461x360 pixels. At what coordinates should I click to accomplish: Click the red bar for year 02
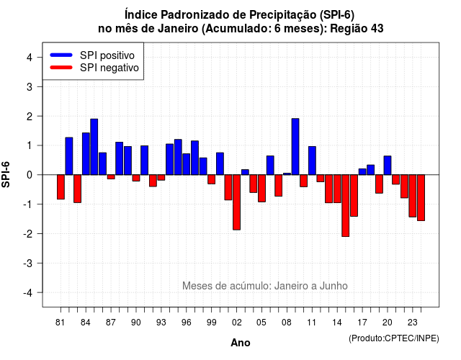[237, 202]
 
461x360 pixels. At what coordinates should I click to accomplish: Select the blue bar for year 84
[86, 153]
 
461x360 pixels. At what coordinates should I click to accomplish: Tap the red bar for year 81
[61, 187]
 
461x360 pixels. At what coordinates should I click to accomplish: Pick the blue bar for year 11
[312, 161]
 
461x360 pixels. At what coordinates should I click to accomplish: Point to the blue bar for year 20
[388, 166]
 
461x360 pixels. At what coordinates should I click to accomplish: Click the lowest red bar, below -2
[346, 206]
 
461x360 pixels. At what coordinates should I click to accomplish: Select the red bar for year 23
[413, 196]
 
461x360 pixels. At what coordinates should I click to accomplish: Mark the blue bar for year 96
[187, 164]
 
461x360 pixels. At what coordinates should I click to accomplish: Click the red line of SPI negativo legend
[61, 68]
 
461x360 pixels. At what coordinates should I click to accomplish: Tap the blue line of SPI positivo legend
[61, 55]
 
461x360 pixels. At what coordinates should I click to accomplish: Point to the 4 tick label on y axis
[30, 58]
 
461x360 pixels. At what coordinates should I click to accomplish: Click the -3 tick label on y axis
[28, 263]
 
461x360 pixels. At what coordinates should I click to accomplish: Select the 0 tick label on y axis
[30, 175]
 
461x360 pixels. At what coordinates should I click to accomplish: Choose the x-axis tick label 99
[211, 323]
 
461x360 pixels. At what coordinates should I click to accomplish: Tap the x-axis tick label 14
[337, 323]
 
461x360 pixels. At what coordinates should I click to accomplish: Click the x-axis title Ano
[241, 343]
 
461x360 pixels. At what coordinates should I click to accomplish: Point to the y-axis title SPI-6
[6, 174]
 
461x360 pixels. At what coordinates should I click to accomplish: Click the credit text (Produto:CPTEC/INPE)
[394, 338]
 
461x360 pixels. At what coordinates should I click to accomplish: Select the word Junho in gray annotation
[334, 286]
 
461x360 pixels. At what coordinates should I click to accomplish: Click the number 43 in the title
[377, 29]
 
